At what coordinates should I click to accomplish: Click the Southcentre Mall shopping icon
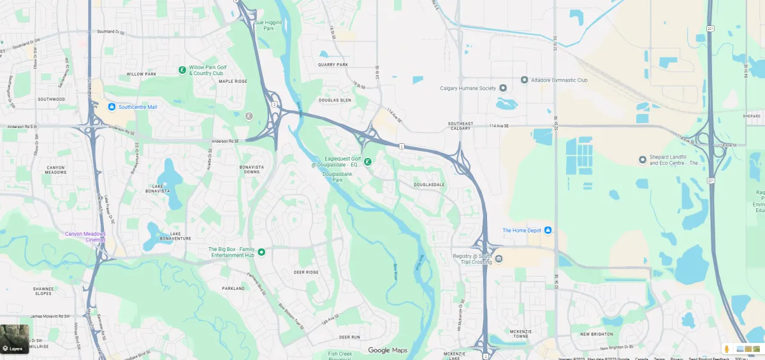[x=112, y=107]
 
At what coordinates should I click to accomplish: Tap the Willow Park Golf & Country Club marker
[x=182, y=69]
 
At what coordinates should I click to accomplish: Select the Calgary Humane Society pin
[x=502, y=88]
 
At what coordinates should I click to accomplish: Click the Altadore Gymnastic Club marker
[x=524, y=80]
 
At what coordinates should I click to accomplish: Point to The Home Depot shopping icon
[x=548, y=230]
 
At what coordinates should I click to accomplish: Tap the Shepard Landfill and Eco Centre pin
[x=643, y=159]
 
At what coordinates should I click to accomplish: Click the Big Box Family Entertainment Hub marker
[x=261, y=252]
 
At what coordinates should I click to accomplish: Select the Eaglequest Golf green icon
[x=368, y=162]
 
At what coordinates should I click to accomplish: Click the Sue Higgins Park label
[x=268, y=25]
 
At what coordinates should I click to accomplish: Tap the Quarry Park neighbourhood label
[x=333, y=64]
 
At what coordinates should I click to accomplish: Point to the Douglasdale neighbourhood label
[x=429, y=185]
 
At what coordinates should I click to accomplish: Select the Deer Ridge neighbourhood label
[x=306, y=272]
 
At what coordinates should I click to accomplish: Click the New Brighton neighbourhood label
[x=596, y=334]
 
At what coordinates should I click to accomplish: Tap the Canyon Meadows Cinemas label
[x=85, y=236]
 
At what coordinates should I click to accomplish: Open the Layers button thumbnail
[x=14, y=338]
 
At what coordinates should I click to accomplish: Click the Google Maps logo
[x=388, y=350]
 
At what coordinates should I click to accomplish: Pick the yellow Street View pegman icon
[x=726, y=349]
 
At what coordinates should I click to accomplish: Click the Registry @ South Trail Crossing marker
[x=499, y=258]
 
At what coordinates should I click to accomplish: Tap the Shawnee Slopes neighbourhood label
[x=43, y=291]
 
